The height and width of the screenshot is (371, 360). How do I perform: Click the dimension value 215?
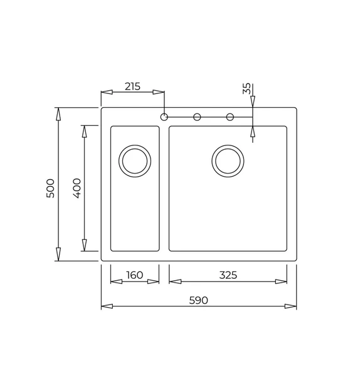pyautogui.click(x=132, y=86)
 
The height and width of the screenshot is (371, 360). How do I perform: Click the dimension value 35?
pyautogui.click(x=246, y=89)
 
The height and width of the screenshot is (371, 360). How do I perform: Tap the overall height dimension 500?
pyautogui.click(x=51, y=188)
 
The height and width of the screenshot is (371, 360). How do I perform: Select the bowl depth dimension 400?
pyautogui.click(x=76, y=188)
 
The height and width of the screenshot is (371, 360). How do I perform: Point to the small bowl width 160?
pyautogui.click(x=135, y=275)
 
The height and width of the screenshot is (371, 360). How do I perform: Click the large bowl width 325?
pyautogui.click(x=228, y=275)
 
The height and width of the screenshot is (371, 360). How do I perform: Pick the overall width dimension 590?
pyautogui.click(x=198, y=300)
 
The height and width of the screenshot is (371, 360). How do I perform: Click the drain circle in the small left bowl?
pyautogui.click(x=135, y=160)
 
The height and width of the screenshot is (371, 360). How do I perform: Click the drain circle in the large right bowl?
pyautogui.click(x=227, y=160)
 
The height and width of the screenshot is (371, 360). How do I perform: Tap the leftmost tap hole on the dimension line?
pyautogui.click(x=164, y=117)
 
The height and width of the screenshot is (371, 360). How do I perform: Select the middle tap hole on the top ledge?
pyautogui.click(x=197, y=117)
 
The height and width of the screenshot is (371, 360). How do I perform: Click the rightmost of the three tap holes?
pyautogui.click(x=230, y=117)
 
